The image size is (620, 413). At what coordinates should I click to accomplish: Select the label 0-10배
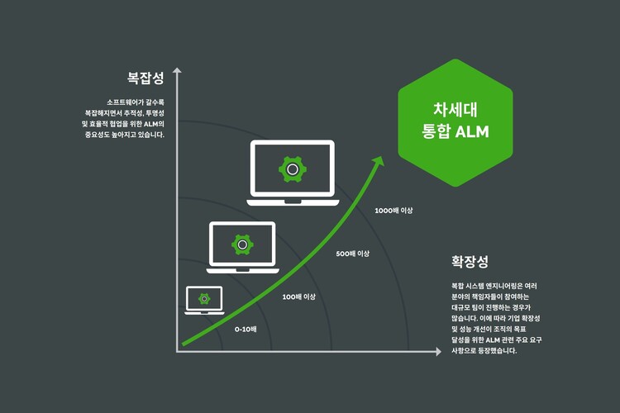[x=246, y=329]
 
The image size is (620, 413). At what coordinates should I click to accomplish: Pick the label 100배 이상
[x=299, y=297]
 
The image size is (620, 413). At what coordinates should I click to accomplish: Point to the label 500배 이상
[x=353, y=254]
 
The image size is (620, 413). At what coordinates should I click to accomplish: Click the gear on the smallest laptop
[x=205, y=298]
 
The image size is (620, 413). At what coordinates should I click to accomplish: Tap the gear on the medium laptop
[x=241, y=244]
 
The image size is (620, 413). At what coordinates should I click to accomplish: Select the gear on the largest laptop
[x=293, y=169]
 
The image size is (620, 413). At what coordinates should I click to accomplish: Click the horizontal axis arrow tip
[x=438, y=352]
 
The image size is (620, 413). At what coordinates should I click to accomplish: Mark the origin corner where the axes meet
[x=177, y=352]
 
